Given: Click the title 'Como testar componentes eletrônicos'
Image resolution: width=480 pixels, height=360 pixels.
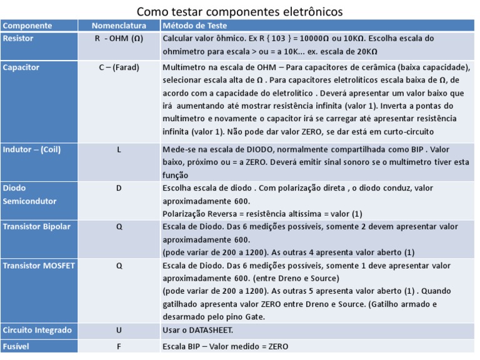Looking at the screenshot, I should [239, 12].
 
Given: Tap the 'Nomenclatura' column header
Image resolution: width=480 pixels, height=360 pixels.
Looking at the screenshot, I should [119, 26].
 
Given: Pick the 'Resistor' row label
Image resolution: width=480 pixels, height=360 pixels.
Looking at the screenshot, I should [18, 38].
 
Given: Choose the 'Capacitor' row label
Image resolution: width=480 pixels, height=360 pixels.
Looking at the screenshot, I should [21, 67].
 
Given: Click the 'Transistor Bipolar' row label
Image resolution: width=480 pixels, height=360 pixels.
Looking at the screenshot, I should [37, 226].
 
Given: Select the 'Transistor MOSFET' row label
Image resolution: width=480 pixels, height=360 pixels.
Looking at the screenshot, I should [39, 265].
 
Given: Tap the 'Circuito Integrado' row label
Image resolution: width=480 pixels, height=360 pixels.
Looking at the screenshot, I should [37, 330].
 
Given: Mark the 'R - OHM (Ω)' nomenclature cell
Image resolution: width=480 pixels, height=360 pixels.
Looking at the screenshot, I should [119, 38].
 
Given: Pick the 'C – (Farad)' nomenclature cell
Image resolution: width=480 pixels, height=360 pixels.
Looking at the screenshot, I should [119, 67].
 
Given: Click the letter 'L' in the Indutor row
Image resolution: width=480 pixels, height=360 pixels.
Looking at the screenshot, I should [119, 150].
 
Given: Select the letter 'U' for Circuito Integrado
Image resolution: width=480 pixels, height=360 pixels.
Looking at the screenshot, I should [119, 330].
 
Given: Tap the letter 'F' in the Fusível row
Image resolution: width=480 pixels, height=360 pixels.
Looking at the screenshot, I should [119, 346].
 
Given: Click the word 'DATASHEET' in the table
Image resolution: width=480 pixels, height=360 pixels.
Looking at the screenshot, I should [211, 330].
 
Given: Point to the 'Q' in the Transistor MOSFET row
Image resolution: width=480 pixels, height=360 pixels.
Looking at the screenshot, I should [119, 265].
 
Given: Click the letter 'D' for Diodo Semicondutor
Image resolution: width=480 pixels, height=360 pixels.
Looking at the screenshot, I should [119, 188].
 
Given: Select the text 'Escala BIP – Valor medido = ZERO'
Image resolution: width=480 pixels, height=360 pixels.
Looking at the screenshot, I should [225, 346].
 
